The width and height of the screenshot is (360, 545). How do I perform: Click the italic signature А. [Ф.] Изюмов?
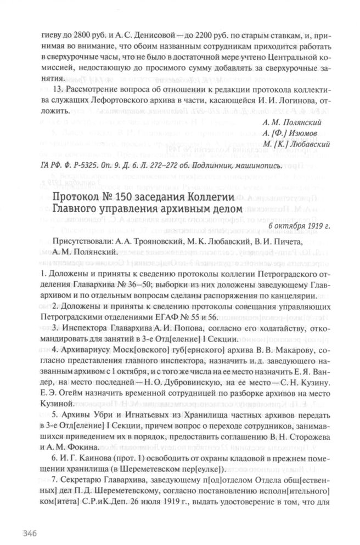297,132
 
